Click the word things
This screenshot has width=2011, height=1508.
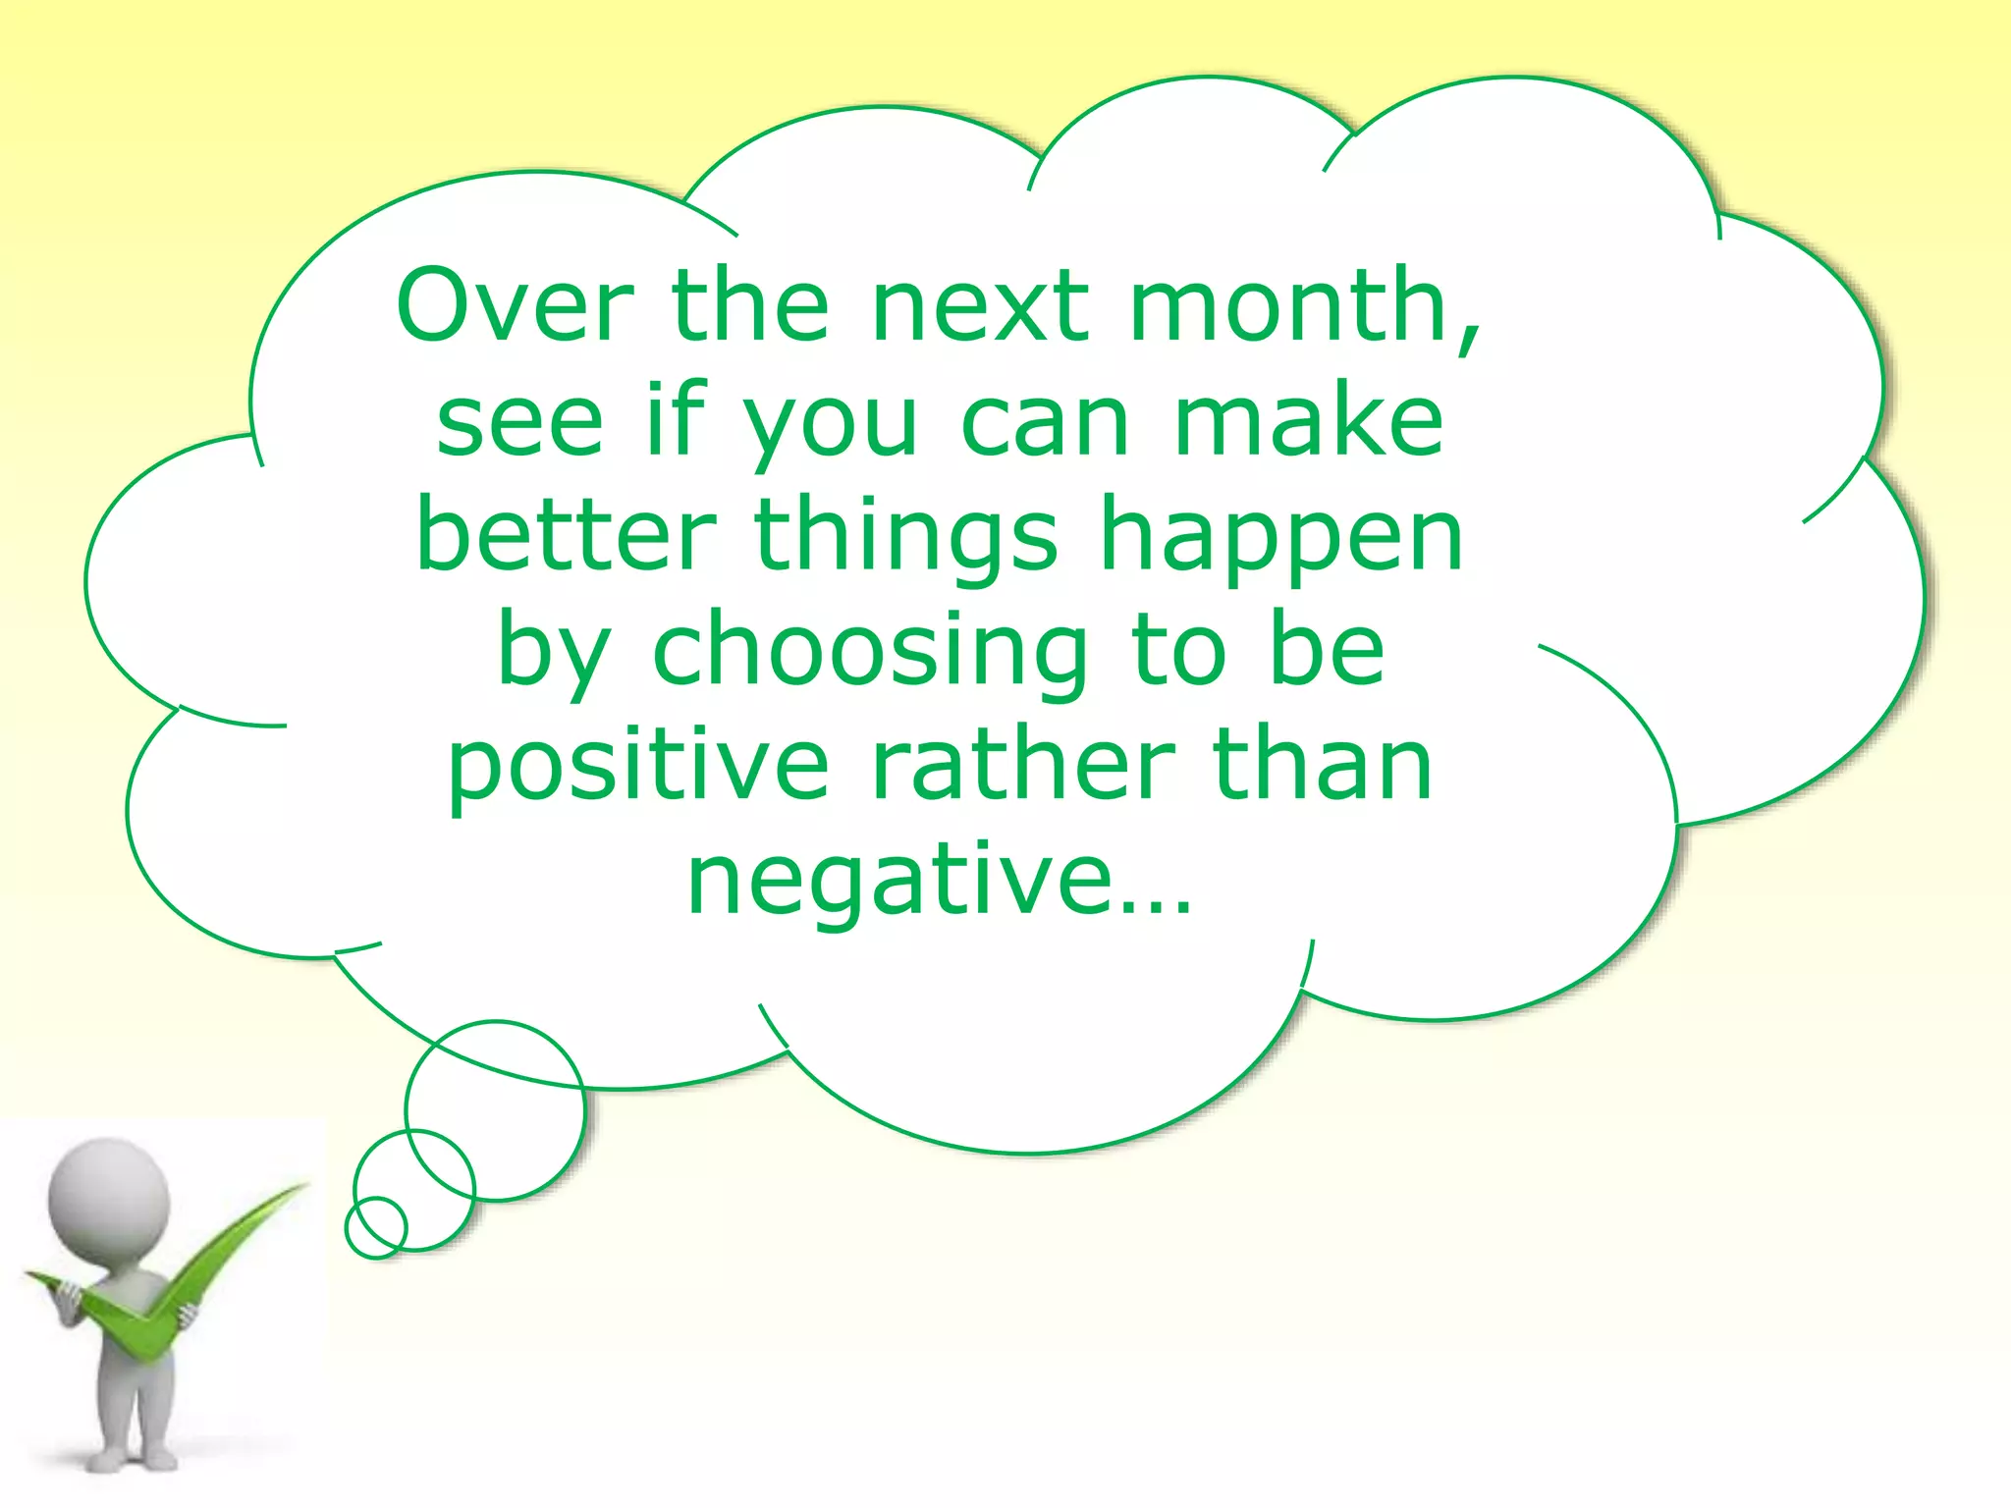click(907, 538)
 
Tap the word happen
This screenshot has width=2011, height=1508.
click(1281, 538)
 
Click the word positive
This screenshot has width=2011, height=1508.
click(638, 768)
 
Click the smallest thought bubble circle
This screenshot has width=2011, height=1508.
click(376, 1226)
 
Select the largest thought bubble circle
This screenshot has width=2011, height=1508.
click(496, 1110)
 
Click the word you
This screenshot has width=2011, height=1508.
click(829, 424)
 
